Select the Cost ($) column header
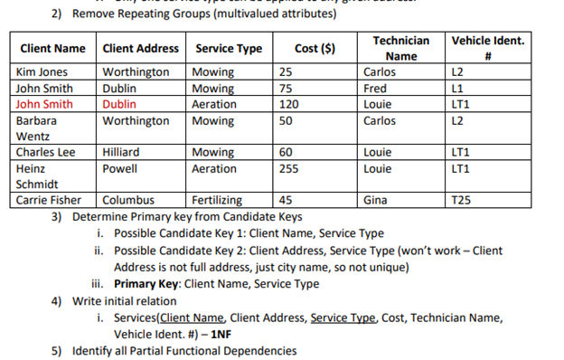(315, 48)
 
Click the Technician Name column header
(401, 48)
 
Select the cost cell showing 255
(290, 168)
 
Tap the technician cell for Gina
(375, 200)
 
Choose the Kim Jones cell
(42, 71)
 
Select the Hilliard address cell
(122, 152)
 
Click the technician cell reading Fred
(374, 88)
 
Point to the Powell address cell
(120, 168)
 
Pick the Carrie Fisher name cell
(50, 200)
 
